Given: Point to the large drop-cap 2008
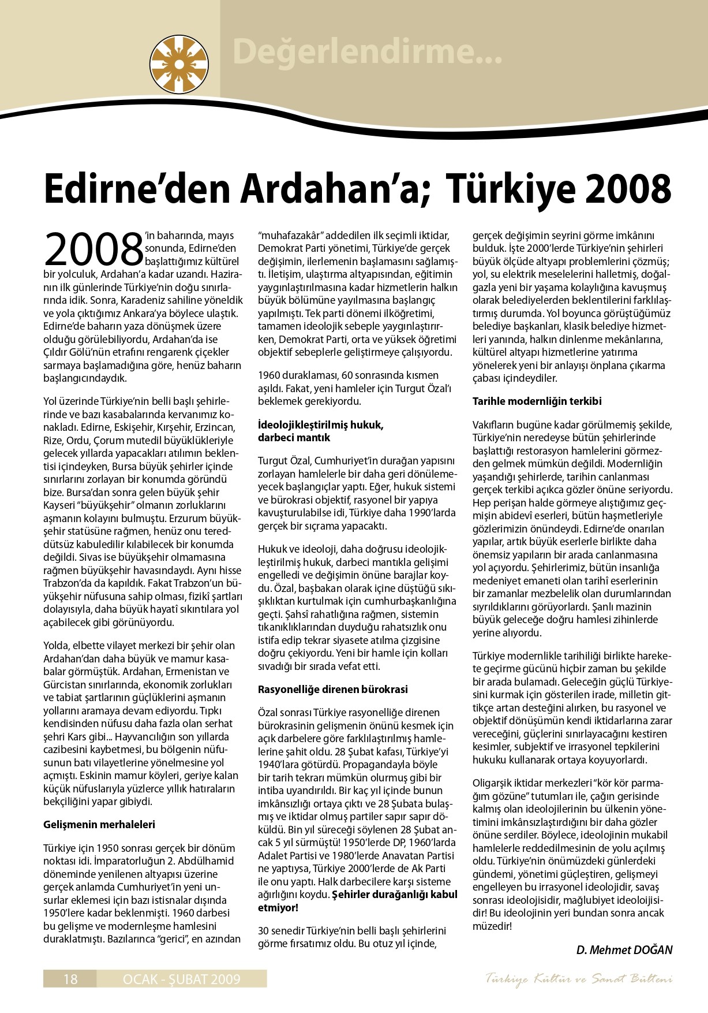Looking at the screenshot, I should click(x=93, y=249).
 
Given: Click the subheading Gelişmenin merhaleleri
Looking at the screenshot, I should click(x=99, y=824).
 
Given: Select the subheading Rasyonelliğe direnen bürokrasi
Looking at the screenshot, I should click(x=332, y=689).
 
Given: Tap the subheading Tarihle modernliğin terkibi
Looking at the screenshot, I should click(x=537, y=401).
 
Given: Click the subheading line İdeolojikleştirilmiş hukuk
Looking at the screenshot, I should click(x=320, y=425).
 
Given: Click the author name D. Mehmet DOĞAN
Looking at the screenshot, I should click(x=624, y=949).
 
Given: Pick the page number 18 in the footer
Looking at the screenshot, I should click(x=70, y=978).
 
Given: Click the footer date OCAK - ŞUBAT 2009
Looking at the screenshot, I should click(x=181, y=978).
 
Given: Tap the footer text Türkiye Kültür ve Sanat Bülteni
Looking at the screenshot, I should click(x=579, y=978).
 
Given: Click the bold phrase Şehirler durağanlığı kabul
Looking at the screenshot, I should click(x=394, y=895).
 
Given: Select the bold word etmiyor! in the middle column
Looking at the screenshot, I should click(x=278, y=907).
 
